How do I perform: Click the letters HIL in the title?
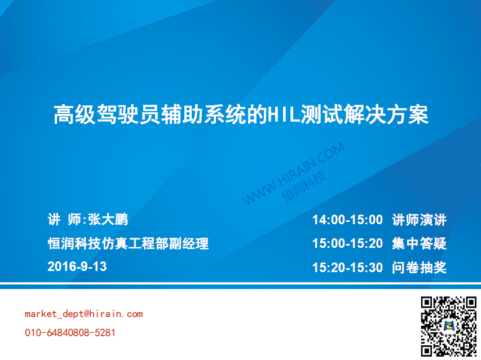(x=284, y=114)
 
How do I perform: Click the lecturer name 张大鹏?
(x=108, y=219)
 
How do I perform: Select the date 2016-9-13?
(x=77, y=266)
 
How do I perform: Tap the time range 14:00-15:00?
(x=347, y=220)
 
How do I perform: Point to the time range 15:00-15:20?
(x=347, y=243)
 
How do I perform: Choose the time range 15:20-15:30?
(x=347, y=268)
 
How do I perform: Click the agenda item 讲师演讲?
(x=419, y=220)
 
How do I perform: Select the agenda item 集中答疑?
(x=419, y=243)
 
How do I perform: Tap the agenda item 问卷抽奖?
(x=419, y=268)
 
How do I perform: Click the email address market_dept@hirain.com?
(x=84, y=314)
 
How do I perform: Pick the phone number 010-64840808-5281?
(x=70, y=333)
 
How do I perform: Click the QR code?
(x=448, y=326)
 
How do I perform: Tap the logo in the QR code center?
(x=448, y=326)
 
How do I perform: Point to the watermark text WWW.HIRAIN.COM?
(x=294, y=173)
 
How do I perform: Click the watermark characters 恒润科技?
(x=304, y=186)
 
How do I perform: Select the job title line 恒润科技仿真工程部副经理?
(x=128, y=243)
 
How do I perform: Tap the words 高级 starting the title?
(x=74, y=114)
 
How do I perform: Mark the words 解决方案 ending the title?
(x=386, y=114)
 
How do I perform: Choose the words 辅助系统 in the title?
(x=203, y=114)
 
